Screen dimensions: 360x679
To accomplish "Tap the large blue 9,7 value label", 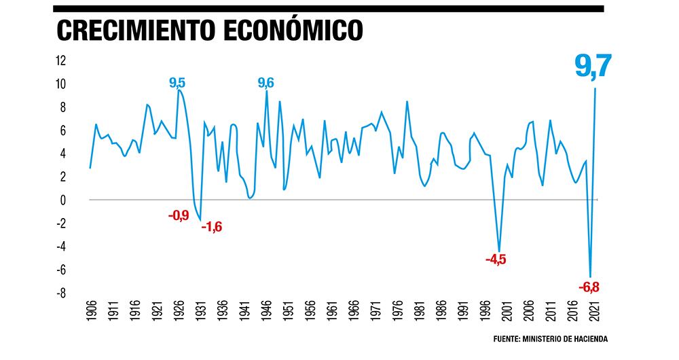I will pos(593,67).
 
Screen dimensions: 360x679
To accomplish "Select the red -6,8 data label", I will pos(589,287).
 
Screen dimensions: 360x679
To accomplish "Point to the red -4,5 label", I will pos(496,259).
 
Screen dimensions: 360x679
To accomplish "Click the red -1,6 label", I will pos(211,227).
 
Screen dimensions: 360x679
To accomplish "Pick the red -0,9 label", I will pos(179,217).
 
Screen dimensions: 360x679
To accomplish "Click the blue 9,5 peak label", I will pos(177,83).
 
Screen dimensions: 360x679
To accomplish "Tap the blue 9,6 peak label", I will pos(265,83).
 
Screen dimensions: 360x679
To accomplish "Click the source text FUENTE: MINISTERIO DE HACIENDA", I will pos(550,338).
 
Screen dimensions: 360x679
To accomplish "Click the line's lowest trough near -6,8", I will pos(591,276).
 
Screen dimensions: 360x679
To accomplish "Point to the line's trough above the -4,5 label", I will pos(499,251).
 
